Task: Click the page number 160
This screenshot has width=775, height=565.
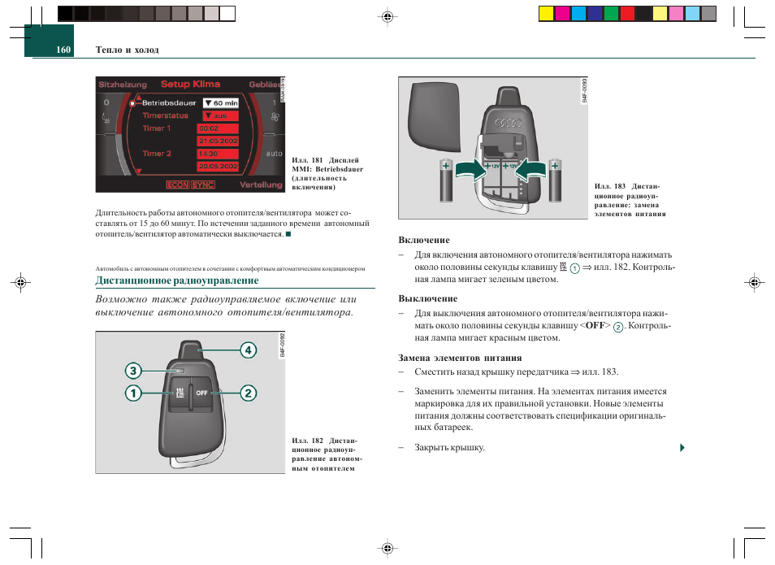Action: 63,50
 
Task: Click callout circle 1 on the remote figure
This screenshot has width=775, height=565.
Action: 132,393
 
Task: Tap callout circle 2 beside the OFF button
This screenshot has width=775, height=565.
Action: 248,393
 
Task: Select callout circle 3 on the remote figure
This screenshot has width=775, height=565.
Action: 132,371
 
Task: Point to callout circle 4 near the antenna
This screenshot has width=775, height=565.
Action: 248,350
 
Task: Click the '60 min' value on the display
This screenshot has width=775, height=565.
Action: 220,103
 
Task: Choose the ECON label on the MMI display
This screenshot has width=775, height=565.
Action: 177,185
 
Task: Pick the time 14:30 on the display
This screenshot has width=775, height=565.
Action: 209,153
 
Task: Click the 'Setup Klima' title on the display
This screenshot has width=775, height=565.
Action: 190,84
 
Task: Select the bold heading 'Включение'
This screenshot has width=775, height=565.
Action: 423,240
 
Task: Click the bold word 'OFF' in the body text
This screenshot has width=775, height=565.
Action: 596,325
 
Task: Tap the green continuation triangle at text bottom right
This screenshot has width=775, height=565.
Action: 682,447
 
